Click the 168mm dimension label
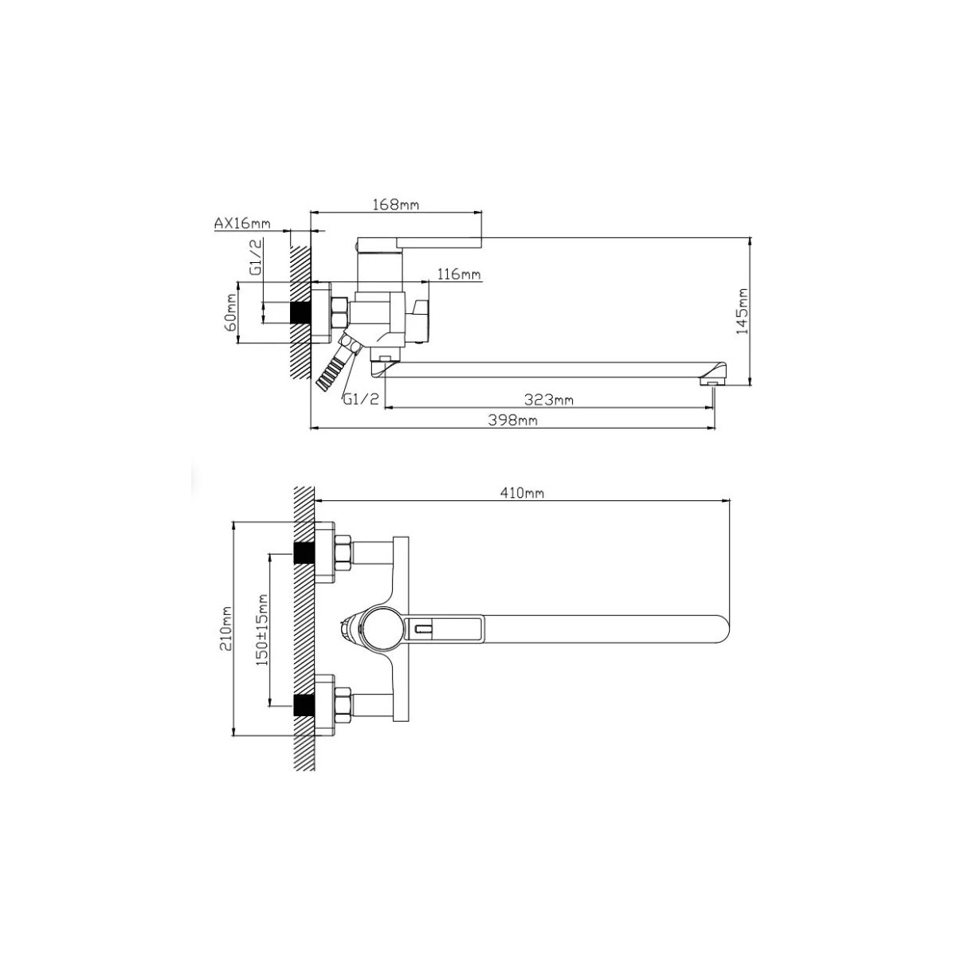click(395, 204)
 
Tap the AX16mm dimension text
click(242, 223)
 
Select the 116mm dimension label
click(459, 274)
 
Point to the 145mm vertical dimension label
click(742, 311)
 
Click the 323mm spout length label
click(548, 399)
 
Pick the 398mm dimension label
click(512, 420)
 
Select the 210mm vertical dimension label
click(226, 628)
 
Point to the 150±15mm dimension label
click(261, 629)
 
